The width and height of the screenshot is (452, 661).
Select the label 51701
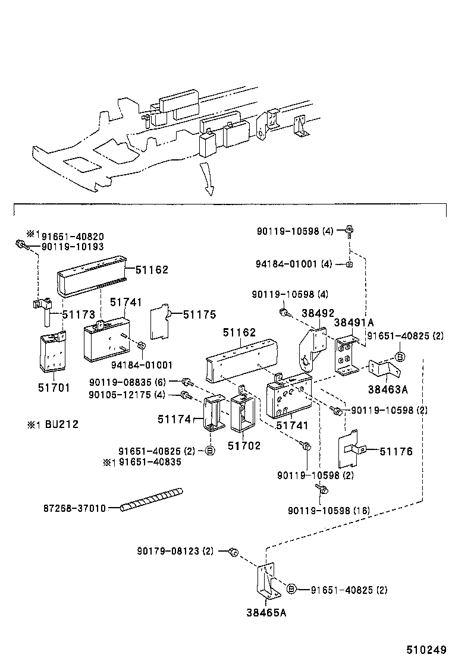(x=54, y=388)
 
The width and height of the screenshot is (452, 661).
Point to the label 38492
(x=318, y=313)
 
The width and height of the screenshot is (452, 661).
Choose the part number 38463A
(x=388, y=390)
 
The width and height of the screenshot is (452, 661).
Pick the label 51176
(x=396, y=452)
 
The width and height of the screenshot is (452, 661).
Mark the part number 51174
(x=174, y=419)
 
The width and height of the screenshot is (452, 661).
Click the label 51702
(x=245, y=445)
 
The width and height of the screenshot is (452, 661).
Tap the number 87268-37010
(x=74, y=508)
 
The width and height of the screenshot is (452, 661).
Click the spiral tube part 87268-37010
(x=152, y=499)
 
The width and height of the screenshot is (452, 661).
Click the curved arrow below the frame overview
(x=206, y=178)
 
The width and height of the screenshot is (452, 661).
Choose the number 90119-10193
(x=73, y=246)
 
